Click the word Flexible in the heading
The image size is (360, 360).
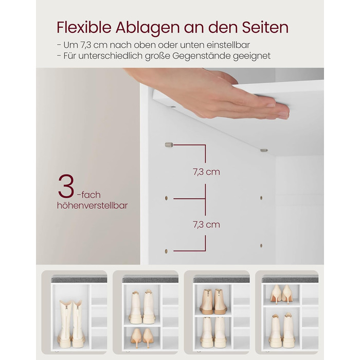[x=84, y=27]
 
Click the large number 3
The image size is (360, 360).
[x=66, y=186]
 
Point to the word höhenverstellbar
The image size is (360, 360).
[x=92, y=205]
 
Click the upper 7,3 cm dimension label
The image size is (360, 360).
[x=206, y=172]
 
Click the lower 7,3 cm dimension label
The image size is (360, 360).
[x=206, y=225]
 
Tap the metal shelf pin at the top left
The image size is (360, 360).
[x=169, y=145]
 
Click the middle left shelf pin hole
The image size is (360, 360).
[x=166, y=198]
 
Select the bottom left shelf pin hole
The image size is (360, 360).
[x=166, y=251]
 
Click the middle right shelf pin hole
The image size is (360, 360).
[x=261, y=197]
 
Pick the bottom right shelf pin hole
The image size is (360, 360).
[x=261, y=245]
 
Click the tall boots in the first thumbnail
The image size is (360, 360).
[x=71, y=323]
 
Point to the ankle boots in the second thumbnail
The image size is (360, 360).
[x=142, y=307]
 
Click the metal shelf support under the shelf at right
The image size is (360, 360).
[x=264, y=150]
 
